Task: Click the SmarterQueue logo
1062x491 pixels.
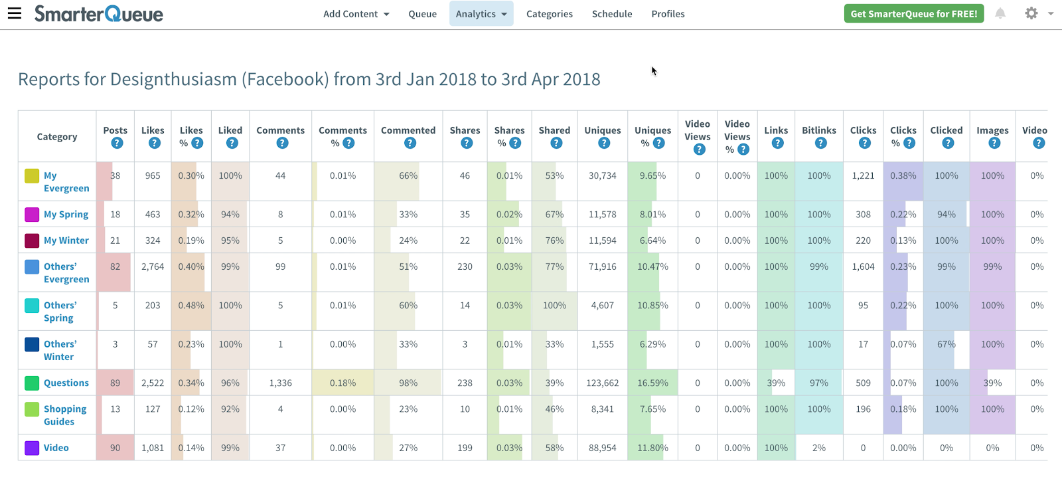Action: (99, 14)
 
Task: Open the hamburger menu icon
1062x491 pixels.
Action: (15, 13)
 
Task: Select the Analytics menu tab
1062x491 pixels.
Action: (481, 14)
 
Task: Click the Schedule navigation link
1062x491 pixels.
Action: (612, 14)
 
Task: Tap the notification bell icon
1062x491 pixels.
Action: (1000, 13)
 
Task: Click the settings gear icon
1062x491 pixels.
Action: (1031, 13)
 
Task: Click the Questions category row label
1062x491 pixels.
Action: (66, 383)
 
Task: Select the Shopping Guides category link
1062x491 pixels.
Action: (65, 415)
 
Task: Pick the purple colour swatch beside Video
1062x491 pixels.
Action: (32, 448)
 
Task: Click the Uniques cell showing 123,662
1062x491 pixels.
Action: (603, 383)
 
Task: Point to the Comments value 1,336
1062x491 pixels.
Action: (281, 383)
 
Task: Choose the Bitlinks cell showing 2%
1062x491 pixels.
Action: (819, 448)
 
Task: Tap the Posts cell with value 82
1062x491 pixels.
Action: (115, 266)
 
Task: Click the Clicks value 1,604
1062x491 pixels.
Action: (863, 266)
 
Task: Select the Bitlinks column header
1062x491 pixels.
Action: (819, 130)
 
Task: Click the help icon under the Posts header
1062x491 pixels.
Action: (117, 143)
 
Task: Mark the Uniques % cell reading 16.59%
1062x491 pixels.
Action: (652, 383)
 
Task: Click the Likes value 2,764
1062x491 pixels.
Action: (153, 266)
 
